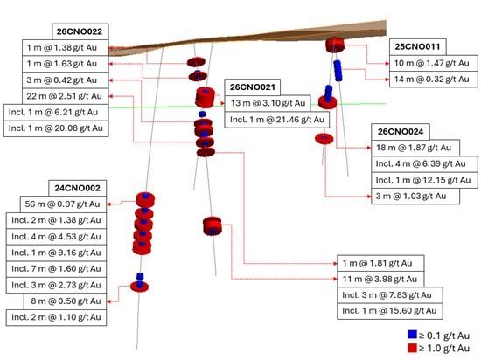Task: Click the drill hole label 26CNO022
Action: coord(80,31)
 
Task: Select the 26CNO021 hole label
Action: coord(253,87)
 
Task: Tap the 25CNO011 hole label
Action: coord(417,47)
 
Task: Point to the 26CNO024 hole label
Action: coord(401,132)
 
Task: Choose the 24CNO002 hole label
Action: coord(78,188)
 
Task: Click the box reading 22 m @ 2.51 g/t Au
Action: coord(66,96)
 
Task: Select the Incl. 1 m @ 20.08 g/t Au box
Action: coord(56,128)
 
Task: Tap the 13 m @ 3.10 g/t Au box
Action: coord(268,103)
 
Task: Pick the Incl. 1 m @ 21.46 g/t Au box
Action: coord(277,120)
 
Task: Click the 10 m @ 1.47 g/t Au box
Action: coord(434,63)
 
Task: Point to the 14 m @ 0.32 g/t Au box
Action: coord(434,80)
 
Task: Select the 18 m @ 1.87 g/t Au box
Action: coord(415,148)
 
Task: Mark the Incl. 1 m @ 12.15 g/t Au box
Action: coord(424,180)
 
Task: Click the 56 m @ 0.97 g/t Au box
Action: coord(63,204)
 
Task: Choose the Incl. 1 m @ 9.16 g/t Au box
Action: coord(57,253)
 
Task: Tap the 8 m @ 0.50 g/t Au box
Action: coord(66,301)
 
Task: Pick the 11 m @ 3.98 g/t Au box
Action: coord(380,279)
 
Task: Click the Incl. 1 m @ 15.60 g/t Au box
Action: coord(390,311)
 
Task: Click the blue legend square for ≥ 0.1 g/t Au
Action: coord(412,335)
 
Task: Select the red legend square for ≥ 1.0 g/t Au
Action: coord(412,348)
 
